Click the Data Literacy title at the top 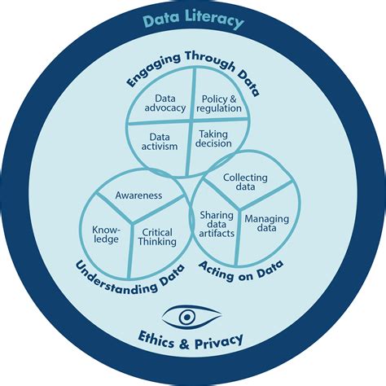(x=193, y=21)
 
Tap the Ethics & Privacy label (x=193, y=339)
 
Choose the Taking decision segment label (x=214, y=138)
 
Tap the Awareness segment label (x=138, y=195)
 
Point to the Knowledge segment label (x=106, y=234)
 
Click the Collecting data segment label (x=245, y=182)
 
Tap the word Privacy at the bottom (x=218, y=339)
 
